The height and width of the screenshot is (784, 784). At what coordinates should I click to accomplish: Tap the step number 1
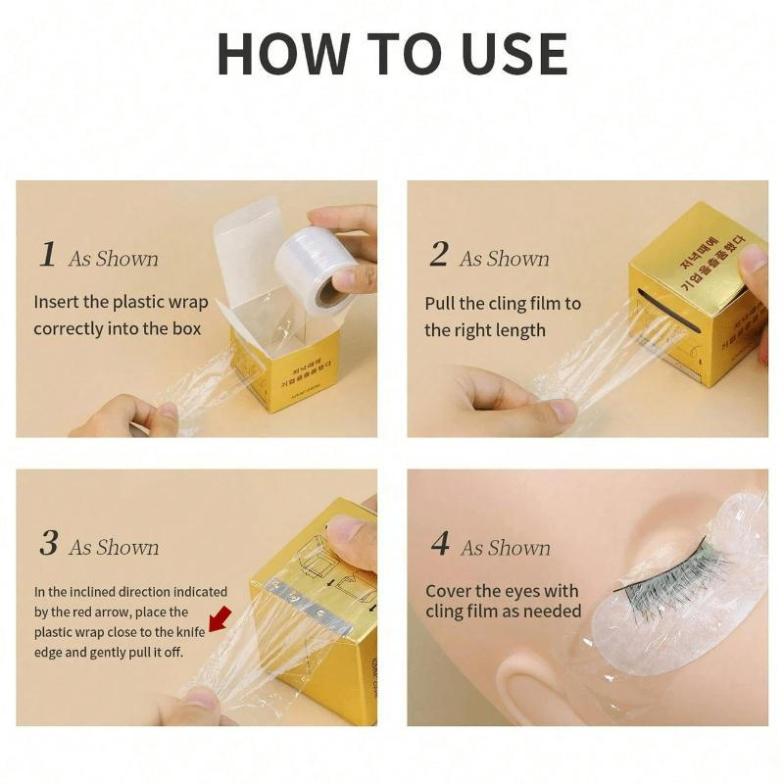47,255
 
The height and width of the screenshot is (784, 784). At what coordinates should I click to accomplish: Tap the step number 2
438,255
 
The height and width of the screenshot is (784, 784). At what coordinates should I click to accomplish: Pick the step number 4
440,544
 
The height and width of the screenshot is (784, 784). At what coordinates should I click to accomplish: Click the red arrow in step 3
220,618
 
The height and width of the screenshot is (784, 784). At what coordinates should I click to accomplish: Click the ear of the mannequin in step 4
530,686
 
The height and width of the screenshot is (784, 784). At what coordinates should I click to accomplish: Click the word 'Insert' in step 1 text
57,302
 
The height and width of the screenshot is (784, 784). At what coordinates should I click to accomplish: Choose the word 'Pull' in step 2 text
441,304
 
